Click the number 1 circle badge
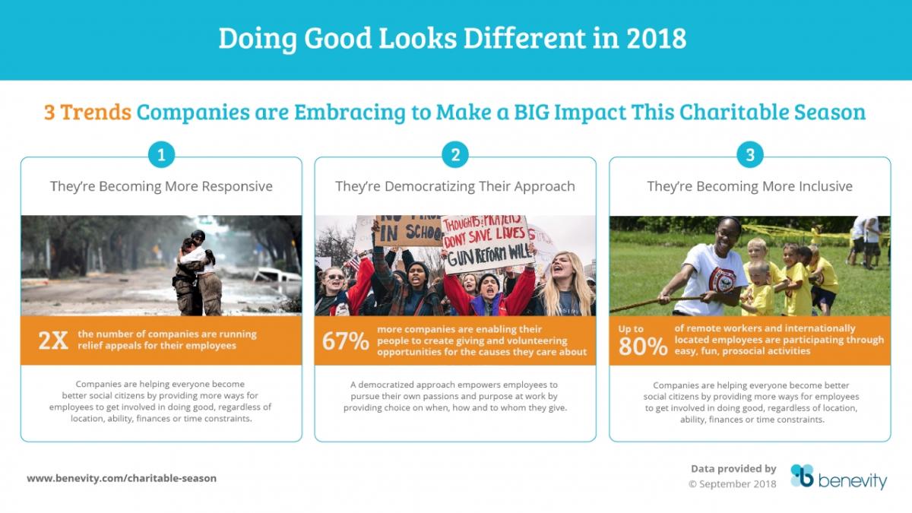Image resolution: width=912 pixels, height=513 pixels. click(161, 155)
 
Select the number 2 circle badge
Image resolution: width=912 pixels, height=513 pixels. click(455, 155)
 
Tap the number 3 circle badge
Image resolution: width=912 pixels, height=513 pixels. click(750, 155)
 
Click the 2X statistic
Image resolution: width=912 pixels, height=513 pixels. click(53, 340)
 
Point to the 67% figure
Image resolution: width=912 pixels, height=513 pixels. click(345, 340)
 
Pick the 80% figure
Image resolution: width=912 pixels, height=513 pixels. click(643, 347)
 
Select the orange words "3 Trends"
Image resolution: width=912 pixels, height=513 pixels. click(87, 112)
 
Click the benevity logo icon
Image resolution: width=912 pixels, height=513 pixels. click(802, 476)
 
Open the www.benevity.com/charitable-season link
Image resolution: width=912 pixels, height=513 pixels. click(122, 478)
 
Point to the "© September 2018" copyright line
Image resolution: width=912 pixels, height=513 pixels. click(732, 484)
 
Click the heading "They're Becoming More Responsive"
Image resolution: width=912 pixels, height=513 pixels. click(161, 186)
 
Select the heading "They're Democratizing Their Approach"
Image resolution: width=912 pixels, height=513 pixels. click(455, 186)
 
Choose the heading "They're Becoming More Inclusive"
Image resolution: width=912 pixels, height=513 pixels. click(750, 186)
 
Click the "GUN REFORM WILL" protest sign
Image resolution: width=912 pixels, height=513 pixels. click(487, 243)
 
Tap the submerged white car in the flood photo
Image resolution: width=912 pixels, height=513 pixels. click(277, 276)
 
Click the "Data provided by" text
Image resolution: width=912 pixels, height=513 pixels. click(733, 469)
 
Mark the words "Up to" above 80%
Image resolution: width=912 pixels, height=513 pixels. click(631, 329)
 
